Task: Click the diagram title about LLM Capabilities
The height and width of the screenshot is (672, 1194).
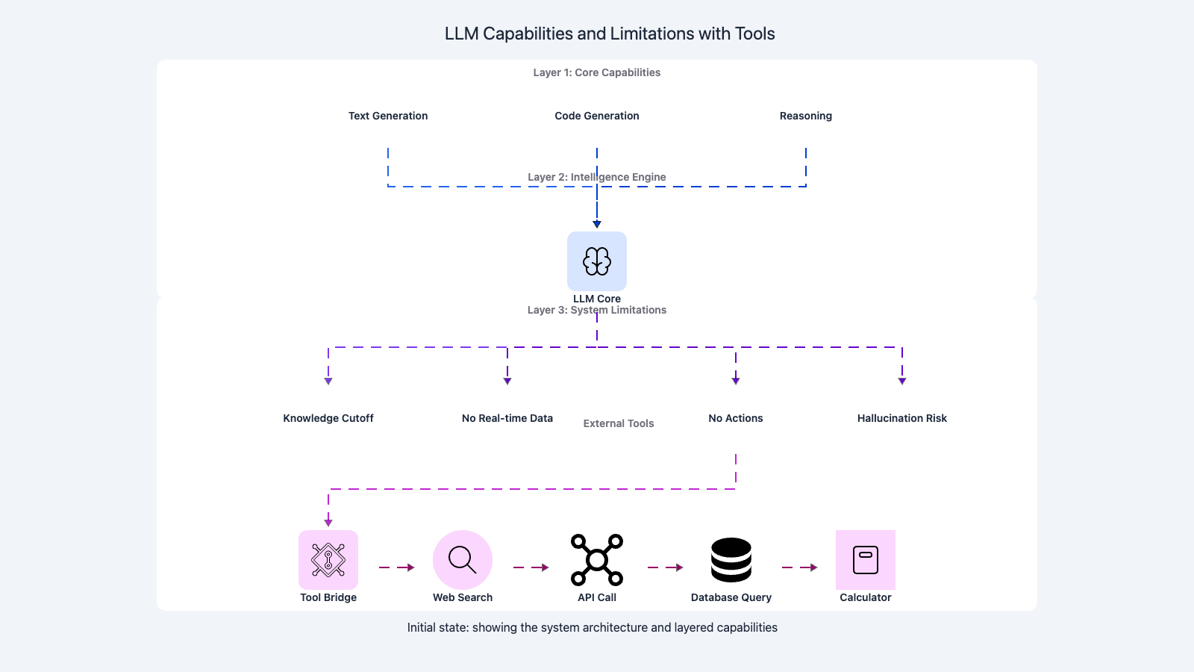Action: coord(610,34)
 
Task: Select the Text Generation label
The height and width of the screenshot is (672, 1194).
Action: coord(388,116)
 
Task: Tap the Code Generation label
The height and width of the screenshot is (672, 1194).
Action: coord(597,116)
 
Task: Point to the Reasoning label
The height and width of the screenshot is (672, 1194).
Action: coord(805,116)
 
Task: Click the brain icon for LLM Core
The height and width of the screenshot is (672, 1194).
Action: coord(597,261)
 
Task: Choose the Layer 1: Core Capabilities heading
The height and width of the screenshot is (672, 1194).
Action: coord(597,72)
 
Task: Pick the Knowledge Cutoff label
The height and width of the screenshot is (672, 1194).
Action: coord(328,418)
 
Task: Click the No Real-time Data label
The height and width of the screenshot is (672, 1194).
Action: coord(507,418)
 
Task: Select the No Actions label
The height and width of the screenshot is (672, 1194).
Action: coord(736,418)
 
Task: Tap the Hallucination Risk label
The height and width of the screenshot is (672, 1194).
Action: coord(901,418)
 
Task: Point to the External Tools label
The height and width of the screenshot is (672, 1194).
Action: coord(619,423)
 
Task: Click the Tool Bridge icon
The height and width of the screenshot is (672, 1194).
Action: coord(328,560)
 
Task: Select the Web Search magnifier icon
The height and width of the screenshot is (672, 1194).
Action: coord(463,560)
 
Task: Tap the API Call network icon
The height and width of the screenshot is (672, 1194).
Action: coord(597,560)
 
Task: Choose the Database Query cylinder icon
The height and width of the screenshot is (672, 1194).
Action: coord(731,560)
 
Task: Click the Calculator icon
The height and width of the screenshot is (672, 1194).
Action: coord(866,560)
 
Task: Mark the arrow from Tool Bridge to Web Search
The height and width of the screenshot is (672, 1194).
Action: coord(396,567)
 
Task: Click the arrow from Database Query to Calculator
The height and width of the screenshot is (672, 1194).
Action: coord(799,567)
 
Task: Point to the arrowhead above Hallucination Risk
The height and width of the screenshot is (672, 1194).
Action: coord(901,381)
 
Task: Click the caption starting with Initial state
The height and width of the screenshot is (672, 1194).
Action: coord(592,627)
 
